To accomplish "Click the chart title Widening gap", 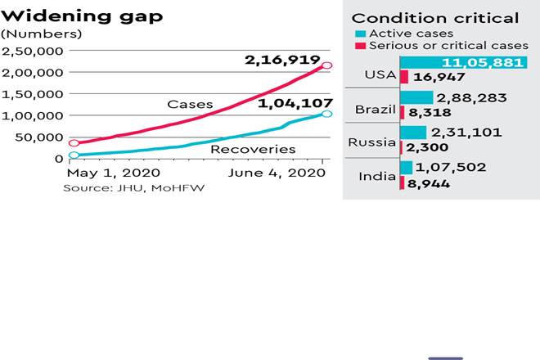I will tap(70, 16).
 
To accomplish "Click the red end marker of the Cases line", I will tap(326, 65).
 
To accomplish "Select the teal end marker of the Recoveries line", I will tap(326, 113).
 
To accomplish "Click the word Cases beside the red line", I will tap(190, 105).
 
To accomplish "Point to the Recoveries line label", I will tap(253, 149).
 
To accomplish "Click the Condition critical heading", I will tap(434, 18).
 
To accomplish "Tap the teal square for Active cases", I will tap(361, 34).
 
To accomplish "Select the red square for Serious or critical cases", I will tap(361, 47).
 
